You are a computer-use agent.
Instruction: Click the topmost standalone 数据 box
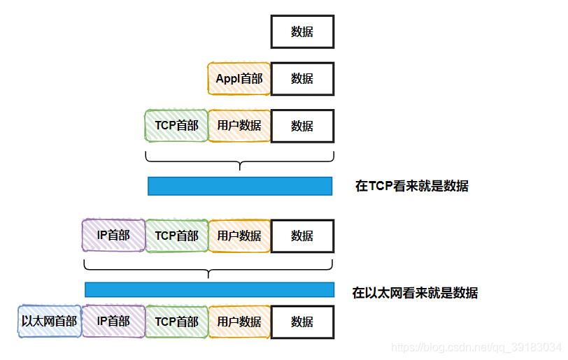(302, 31)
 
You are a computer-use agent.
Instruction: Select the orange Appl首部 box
(239, 78)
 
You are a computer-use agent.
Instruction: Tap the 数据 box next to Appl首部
(302, 78)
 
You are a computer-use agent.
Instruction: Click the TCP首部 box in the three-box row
(176, 125)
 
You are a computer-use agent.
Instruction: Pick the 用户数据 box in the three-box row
(239, 125)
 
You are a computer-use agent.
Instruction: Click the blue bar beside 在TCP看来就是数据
(240, 186)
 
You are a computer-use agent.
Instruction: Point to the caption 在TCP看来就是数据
(412, 186)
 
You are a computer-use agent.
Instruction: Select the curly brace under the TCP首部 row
(239, 161)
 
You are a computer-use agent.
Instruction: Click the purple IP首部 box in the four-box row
(113, 236)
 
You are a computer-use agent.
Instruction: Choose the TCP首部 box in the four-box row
(176, 236)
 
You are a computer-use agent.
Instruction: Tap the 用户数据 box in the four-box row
(239, 236)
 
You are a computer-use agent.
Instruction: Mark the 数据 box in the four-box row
(302, 236)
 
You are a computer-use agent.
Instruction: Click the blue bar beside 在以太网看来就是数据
(209, 289)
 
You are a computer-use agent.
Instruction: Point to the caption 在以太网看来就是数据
(415, 293)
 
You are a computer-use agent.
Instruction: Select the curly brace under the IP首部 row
(208, 269)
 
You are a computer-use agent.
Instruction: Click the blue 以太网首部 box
(50, 322)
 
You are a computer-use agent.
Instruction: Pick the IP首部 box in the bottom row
(113, 322)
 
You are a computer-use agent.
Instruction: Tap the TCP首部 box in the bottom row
(176, 322)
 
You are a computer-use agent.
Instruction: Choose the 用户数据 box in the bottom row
(239, 322)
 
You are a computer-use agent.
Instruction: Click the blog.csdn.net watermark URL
(476, 347)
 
